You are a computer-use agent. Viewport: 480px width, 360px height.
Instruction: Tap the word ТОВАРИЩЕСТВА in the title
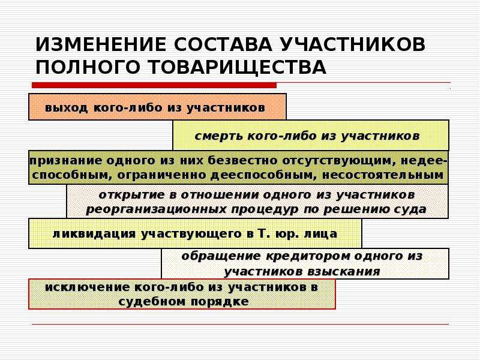point(238,67)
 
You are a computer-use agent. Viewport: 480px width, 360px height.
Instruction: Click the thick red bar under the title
point(154,85)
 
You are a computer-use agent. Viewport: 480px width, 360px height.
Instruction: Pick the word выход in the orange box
point(66,108)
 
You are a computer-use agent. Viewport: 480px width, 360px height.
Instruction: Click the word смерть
point(218,136)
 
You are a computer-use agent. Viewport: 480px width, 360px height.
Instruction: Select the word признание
point(66,161)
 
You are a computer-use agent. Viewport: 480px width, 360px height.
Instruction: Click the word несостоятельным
point(383,175)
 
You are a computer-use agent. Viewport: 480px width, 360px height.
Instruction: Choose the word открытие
point(131,195)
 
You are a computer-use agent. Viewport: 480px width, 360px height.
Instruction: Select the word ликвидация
point(94,234)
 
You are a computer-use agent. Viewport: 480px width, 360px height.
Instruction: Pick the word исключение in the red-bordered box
point(87,287)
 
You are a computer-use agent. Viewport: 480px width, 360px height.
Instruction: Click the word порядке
point(220,302)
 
